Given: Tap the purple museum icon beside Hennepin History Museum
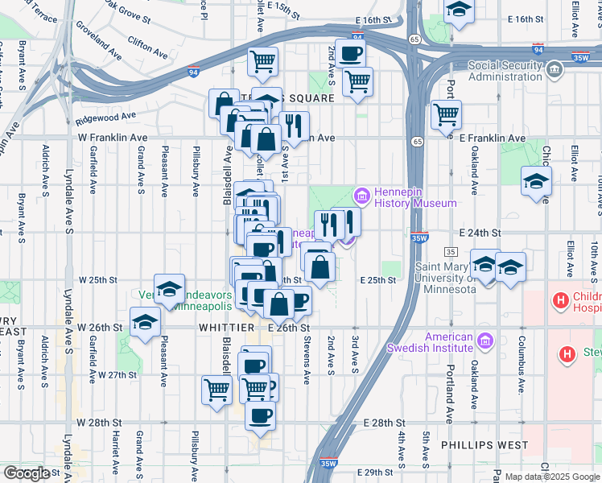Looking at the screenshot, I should (x=361, y=196).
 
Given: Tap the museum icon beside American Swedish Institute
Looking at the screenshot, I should (x=484, y=342).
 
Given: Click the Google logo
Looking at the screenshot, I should (x=27, y=473).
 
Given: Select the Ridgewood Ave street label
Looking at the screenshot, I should (x=106, y=118).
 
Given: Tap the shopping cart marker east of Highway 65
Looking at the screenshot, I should (x=446, y=114).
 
